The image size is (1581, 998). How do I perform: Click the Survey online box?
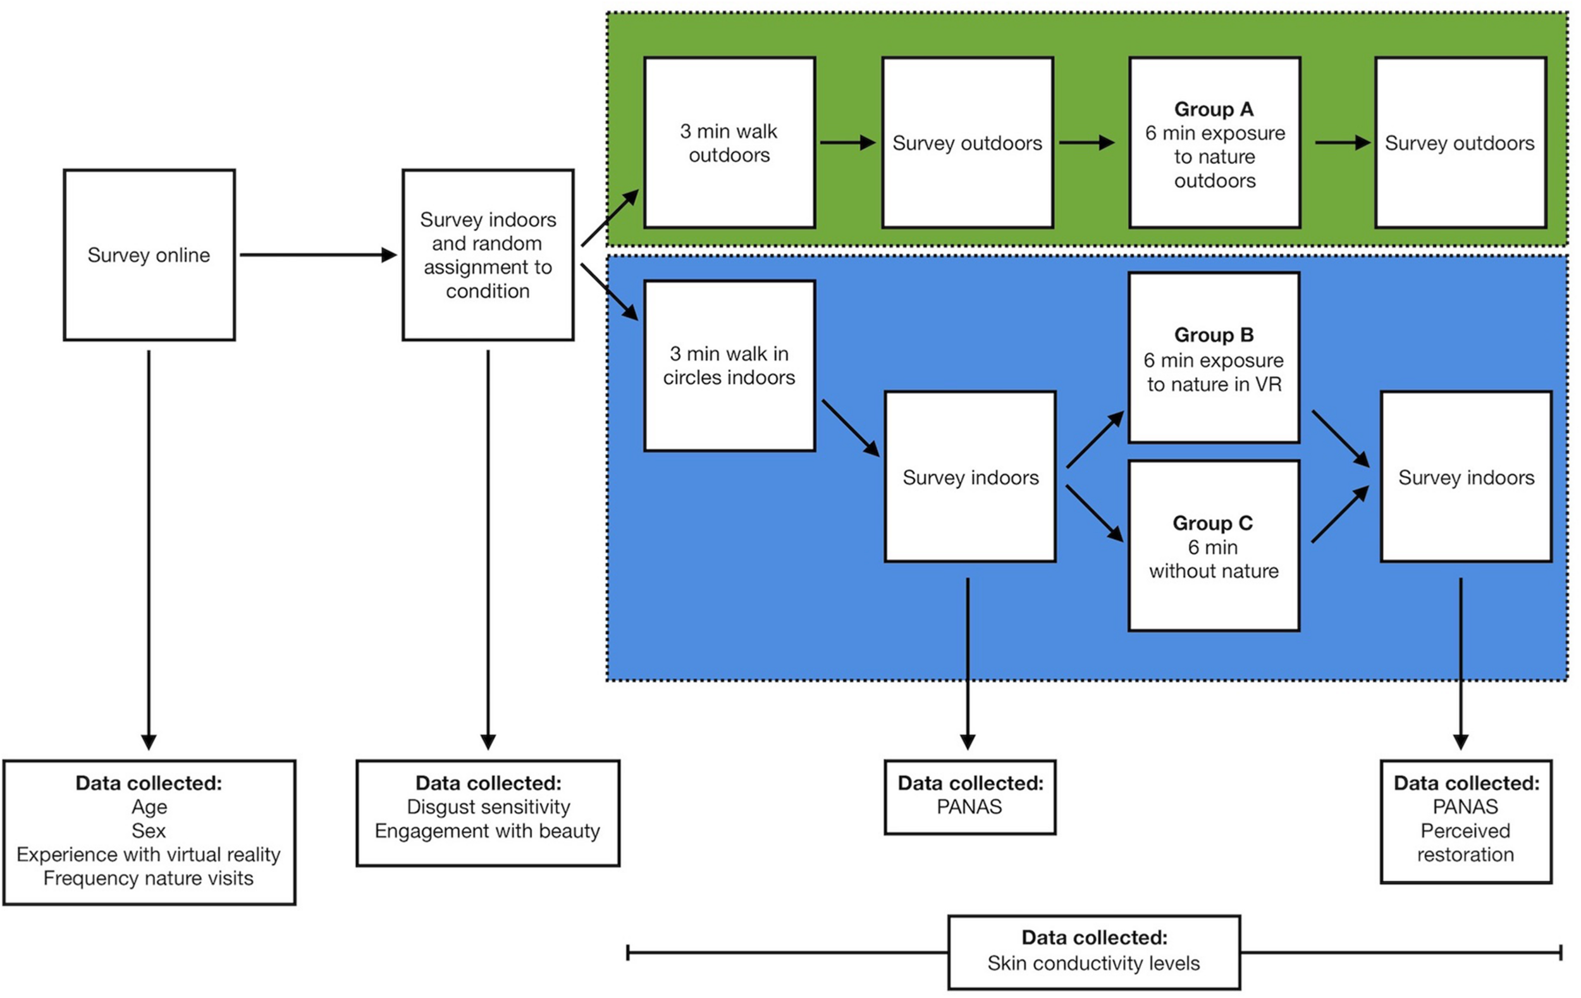point(149,255)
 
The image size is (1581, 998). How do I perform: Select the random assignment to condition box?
point(487,255)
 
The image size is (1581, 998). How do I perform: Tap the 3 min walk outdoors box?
point(729,142)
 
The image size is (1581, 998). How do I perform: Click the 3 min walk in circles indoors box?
point(729,366)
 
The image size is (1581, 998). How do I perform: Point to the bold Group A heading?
point(1214,109)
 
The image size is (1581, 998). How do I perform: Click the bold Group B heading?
point(1214,335)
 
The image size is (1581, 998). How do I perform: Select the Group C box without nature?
point(1214,546)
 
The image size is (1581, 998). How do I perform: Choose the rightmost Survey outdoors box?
point(1460,142)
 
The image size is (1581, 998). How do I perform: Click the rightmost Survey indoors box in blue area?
point(1465,477)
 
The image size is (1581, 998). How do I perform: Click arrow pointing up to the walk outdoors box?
point(610,218)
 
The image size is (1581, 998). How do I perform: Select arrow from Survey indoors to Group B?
point(1095,440)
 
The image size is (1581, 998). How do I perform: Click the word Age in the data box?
point(149,806)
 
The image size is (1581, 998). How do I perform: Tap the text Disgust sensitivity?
point(488,806)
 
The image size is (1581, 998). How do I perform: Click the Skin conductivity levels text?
point(1093,963)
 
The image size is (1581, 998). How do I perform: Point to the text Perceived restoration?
point(1465,842)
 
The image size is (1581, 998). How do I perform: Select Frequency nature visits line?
point(149,878)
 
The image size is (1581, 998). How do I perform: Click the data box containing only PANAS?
point(969,796)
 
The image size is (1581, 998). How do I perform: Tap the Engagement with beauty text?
point(487,830)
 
